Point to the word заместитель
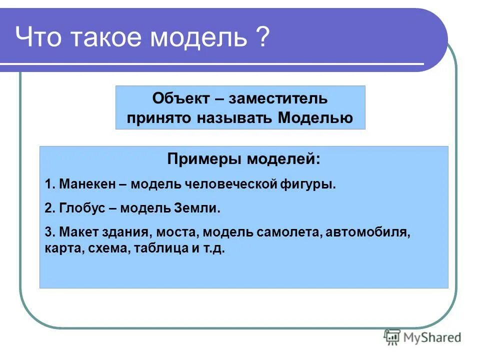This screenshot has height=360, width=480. (x=278, y=98)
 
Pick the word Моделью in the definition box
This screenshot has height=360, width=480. (x=315, y=117)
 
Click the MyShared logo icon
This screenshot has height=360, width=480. (x=392, y=337)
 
